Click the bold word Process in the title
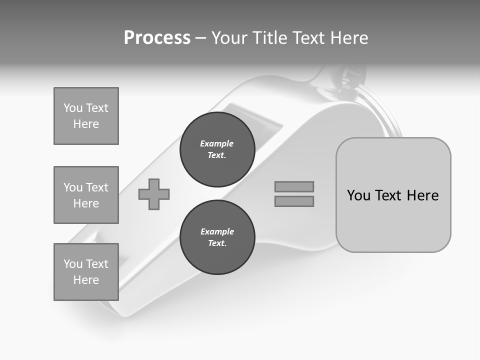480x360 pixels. (157, 38)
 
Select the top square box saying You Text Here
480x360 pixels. (86, 116)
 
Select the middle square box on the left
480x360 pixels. (86, 195)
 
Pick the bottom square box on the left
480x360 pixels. (86, 271)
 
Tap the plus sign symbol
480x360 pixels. (154, 194)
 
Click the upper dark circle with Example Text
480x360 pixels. (217, 149)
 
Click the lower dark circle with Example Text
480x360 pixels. (217, 237)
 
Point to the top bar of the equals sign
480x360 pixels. (294, 186)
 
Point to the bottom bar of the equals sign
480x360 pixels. (294, 201)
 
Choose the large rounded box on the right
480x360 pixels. (393, 195)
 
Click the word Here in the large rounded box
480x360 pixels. (422, 195)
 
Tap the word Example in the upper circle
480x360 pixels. (217, 144)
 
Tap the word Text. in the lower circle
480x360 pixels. (217, 243)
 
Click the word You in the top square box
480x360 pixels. (72, 108)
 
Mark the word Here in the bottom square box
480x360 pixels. (86, 280)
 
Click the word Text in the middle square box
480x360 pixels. (96, 187)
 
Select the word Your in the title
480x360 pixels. (229, 38)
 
